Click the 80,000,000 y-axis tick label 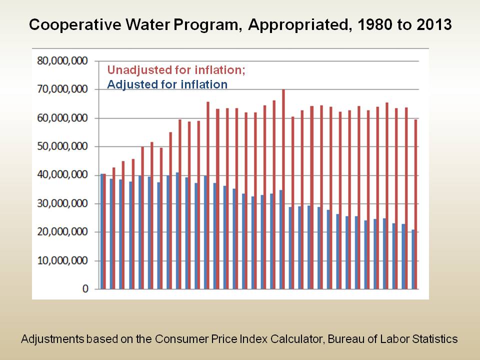coord(62,61)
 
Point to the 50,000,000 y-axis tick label coord(62,147)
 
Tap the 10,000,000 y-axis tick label coord(62,261)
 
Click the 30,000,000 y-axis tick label coord(62,204)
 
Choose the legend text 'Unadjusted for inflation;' coord(176,69)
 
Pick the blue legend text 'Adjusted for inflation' coord(167,84)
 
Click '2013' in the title coord(432,25)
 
